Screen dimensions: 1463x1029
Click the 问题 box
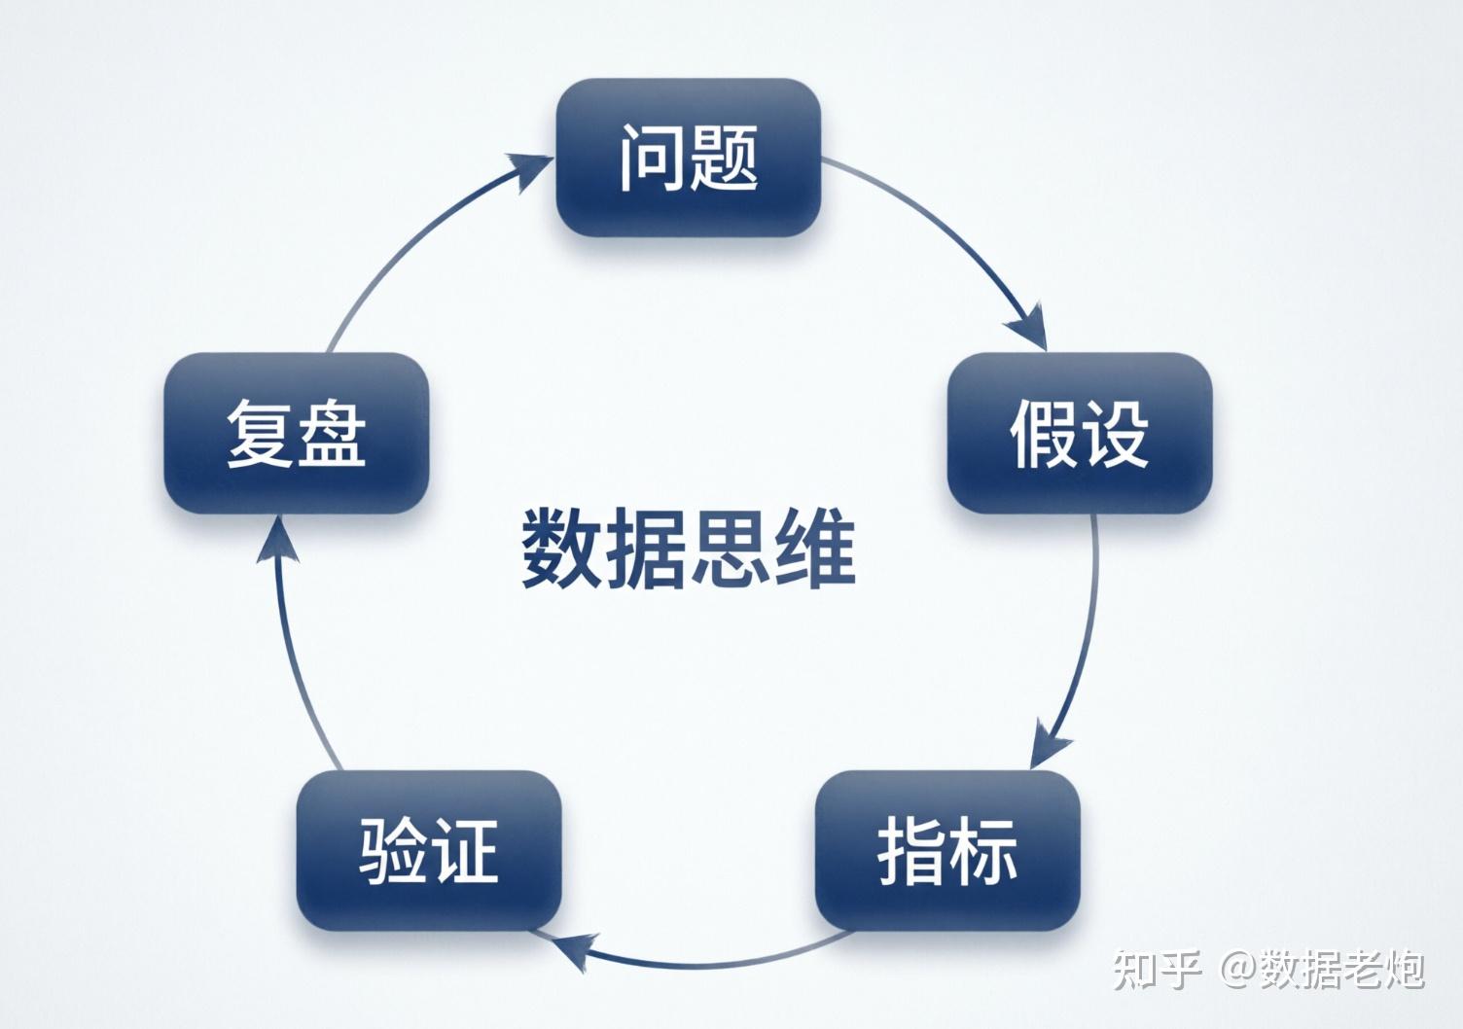pyautogui.click(x=689, y=158)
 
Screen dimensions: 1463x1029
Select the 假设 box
pyautogui.click(x=1080, y=433)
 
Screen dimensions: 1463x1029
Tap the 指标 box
pyautogui.click(x=947, y=850)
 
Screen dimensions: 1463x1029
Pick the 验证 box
pyautogui.click(x=429, y=850)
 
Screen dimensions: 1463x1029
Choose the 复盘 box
pyautogui.click(x=297, y=433)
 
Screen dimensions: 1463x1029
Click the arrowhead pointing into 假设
pyautogui.click(x=1031, y=327)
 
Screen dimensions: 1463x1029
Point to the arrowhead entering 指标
pyautogui.click(x=1049, y=745)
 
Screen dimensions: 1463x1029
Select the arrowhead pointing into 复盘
pyautogui.click(x=274, y=540)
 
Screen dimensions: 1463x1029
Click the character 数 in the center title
pyautogui.click(x=560, y=550)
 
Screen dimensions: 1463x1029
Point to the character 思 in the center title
pyautogui.click(x=730, y=550)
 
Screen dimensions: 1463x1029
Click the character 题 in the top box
pyautogui.click(x=722, y=158)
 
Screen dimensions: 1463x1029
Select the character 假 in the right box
pyautogui.click(x=1045, y=433)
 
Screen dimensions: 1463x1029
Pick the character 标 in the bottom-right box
pyautogui.click(x=982, y=850)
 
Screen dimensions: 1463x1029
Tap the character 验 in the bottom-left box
pyautogui.click(x=394, y=850)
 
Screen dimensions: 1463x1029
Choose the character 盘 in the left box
pyautogui.click(x=332, y=433)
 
